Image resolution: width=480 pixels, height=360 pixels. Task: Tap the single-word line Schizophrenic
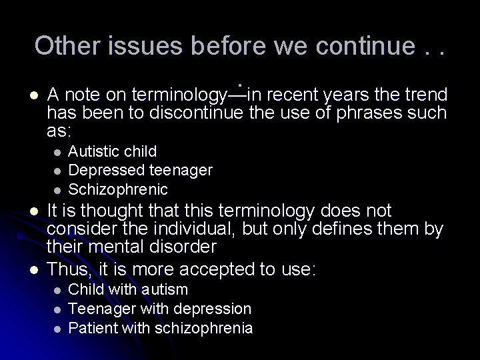[118, 189]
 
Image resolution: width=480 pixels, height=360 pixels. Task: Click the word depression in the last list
[212, 309]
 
